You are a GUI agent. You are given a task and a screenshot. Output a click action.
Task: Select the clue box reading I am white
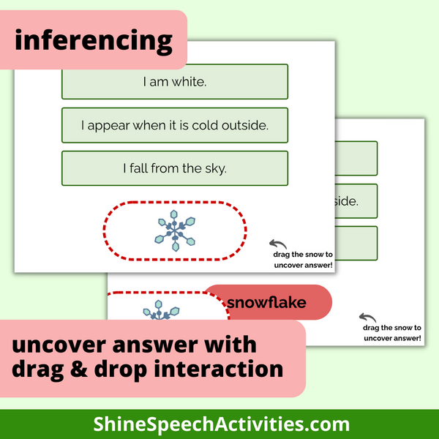click(175, 81)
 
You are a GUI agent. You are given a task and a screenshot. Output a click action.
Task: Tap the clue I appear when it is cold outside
click(175, 125)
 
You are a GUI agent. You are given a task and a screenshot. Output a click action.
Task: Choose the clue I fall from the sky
click(175, 168)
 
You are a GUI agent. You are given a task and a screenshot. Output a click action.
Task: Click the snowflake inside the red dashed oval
click(175, 231)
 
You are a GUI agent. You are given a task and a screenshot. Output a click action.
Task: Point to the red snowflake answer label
click(268, 302)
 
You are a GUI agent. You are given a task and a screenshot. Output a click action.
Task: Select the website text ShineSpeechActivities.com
click(220, 424)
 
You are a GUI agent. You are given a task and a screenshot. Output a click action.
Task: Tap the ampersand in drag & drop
click(80, 368)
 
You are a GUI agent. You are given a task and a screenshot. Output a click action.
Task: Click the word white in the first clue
click(190, 81)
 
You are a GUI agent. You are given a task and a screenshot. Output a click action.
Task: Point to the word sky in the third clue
click(217, 168)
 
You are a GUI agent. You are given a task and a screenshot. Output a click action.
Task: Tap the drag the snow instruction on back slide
click(391, 333)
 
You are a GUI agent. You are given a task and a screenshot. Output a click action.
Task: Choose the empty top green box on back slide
click(358, 158)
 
